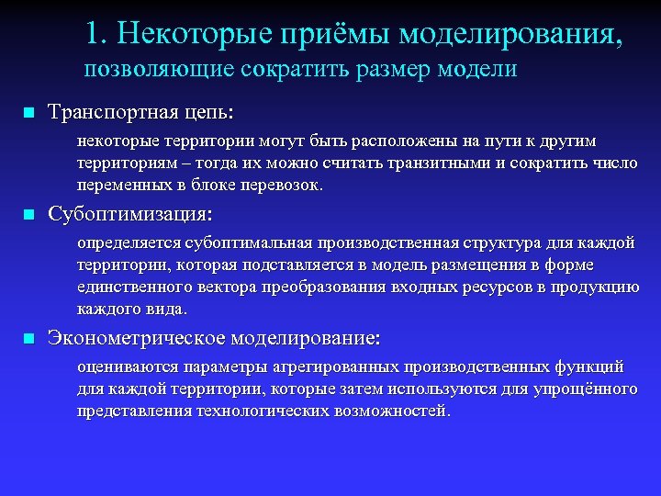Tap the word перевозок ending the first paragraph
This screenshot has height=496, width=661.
click(286, 185)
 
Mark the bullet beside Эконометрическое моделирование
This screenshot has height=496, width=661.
click(28, 340)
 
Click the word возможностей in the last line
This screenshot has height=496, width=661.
click(395, 411)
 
